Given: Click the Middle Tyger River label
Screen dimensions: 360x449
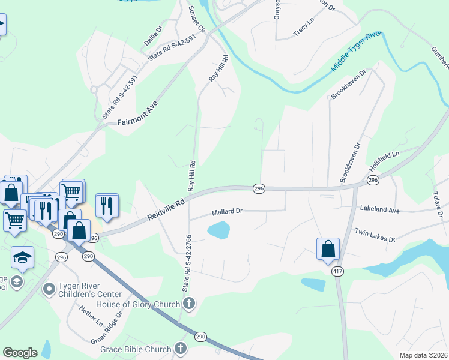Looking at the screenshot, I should point(356,53).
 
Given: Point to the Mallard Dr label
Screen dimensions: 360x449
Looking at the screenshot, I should point(227,212).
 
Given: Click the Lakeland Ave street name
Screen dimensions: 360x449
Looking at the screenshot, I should point(379,209).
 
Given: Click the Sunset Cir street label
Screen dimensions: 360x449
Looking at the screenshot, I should point(197,20).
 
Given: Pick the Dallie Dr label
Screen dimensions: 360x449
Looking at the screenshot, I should point(154,35).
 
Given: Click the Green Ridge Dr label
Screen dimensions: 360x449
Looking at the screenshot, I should point(107,326).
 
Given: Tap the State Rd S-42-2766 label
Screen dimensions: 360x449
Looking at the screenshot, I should point(185,268).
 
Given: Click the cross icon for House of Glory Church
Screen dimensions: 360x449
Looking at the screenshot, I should point(189,304).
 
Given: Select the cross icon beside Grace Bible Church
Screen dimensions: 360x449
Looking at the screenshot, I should point(180,349).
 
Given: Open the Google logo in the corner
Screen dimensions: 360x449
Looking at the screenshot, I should point(20,352).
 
